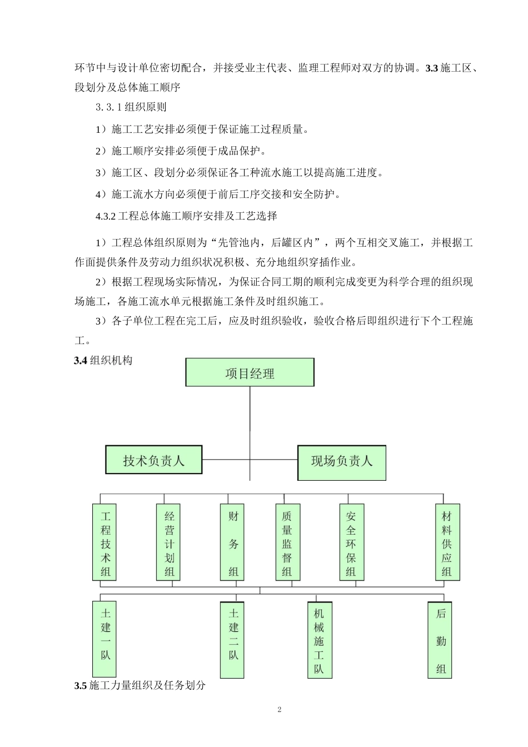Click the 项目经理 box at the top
click(x=250, y=373)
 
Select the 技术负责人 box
click(x=154, y=460)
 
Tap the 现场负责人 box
click(x=341, y=461)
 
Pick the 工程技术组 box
click(x=105, y=542)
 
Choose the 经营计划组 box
click(x=169, y=542)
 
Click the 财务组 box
click(x=233, y=542)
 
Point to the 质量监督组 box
click(x=287, y=542)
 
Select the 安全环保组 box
click(x=351, y=542)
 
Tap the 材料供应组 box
click(x=447, y=542)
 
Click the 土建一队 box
click(x=105, y=638)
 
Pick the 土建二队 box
click(x=233, y=639)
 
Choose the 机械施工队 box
click(x=318, y=640)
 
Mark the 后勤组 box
click(x=441, y=640)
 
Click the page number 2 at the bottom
click(x=279, y=710)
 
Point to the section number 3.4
click(x=81, y=361)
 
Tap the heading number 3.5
click(x=81, y=685)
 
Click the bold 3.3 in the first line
click(x=432, y=68)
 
